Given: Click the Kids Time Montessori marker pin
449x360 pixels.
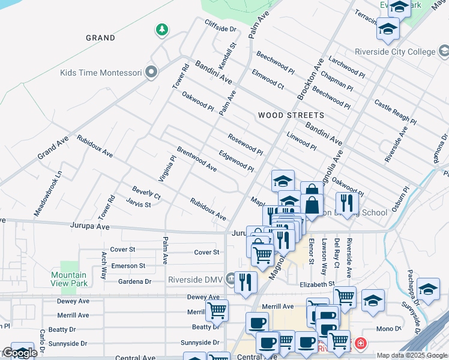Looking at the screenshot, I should [151, 73].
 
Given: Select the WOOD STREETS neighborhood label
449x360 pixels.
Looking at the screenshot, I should [291, 115].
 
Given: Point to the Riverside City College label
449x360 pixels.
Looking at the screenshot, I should [403, 52].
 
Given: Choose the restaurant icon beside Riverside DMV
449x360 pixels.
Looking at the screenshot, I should [245, 282].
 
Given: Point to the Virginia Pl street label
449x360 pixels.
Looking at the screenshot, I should [172, 169].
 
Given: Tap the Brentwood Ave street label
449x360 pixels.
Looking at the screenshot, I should [196, 159].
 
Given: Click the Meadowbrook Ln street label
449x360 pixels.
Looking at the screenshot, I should [48, 192].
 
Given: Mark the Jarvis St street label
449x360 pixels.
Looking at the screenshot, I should [138, 204].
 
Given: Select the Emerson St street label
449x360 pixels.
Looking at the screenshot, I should [128, 266].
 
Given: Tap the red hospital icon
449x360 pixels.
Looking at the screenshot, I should [360, 344].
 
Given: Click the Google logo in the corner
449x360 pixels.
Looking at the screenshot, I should [19, 353].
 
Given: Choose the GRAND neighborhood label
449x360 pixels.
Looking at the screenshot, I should [100, 38].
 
